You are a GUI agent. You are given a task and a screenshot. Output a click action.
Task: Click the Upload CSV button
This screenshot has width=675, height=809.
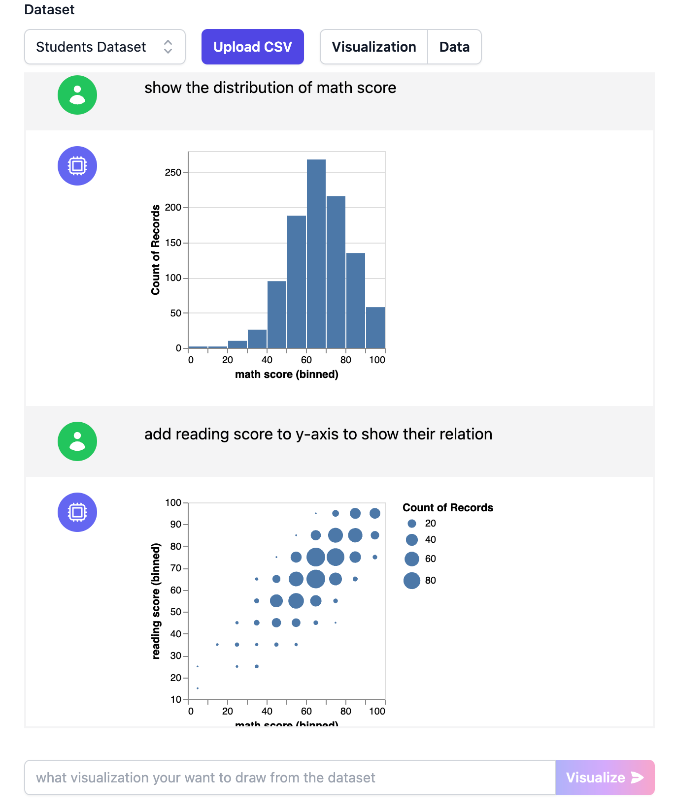tap(252, 47)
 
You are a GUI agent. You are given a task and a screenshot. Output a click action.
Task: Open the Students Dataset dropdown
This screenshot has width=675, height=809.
tap(104, 47)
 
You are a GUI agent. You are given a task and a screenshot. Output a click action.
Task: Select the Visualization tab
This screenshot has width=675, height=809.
tap(373, 47)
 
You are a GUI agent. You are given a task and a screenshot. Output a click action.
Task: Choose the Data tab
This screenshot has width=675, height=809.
tap(454, 47)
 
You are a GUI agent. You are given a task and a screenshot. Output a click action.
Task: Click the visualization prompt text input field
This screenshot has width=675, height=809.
tap(290, 778)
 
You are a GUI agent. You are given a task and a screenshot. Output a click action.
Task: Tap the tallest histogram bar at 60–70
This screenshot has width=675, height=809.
tap(316, 254)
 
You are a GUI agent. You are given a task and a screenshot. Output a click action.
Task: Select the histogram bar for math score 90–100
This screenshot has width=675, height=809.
tap(375, 328)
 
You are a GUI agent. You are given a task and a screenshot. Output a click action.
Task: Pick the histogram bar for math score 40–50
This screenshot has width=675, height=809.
tap(277, 315)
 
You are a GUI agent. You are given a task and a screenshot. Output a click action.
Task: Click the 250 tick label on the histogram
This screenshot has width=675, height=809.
tap(173, 172)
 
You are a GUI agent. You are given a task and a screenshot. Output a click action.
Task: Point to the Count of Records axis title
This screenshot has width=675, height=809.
tap(156, 249)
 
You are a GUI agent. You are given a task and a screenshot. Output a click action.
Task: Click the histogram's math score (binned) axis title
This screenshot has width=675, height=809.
tap(286, 374)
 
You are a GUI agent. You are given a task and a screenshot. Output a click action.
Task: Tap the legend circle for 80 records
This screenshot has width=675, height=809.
tap(412, 581)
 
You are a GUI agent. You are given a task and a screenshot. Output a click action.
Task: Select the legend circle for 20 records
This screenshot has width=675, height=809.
tap(412, 524)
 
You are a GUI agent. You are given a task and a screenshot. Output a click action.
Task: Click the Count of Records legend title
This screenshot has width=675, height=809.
tap(447, 508)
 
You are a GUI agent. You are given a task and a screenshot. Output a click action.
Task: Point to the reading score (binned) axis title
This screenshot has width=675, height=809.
tap(156, 601)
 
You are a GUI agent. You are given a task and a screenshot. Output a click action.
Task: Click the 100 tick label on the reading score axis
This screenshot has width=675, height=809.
tap(173, 502)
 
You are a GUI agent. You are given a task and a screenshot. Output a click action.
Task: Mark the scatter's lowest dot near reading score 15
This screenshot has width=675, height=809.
tap(198, 688)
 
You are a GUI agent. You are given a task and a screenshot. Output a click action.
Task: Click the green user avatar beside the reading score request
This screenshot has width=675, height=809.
tap(77, 441)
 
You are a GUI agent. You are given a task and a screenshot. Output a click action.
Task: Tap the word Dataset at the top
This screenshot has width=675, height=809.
tap(49, 10)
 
